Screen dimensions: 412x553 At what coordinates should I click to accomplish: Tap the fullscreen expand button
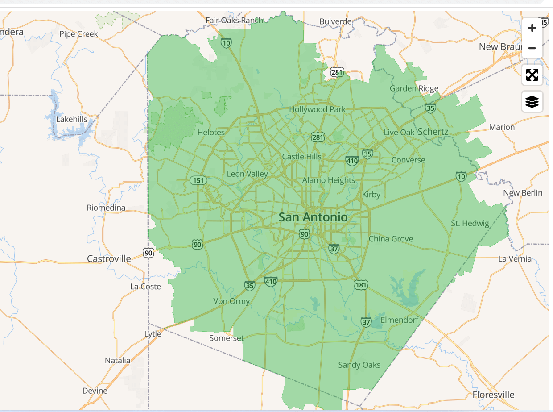coord(532,75)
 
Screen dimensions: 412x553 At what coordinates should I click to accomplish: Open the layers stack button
coord(532,102)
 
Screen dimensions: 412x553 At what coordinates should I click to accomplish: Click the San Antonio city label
coord(313,217)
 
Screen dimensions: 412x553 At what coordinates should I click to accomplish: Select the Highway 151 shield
coord(198,180)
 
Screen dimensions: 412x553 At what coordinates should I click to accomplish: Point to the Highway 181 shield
coord(361,284)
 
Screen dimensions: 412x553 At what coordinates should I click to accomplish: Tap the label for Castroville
coord(109,259)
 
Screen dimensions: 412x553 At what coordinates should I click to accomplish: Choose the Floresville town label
coord(493,395)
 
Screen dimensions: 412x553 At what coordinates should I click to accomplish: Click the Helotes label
coord(211,133)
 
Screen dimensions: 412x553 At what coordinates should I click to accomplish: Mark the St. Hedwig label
coord(470,223)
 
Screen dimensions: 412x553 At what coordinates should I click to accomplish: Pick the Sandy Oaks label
coord(359,365)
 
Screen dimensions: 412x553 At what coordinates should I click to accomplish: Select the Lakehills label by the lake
coord(72,120)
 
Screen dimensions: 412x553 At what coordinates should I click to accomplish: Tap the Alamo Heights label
coord(329,180)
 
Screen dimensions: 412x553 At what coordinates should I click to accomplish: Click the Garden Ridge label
coord(414,88)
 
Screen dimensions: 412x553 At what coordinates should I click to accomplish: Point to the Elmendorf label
coord(400,320)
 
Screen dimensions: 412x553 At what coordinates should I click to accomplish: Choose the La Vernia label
coord(515,259)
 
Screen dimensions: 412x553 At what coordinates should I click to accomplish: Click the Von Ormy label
coord(231,301)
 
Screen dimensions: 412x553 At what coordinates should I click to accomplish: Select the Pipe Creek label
coord(78,34)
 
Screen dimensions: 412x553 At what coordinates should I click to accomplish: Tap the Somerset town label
coord(227,338)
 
